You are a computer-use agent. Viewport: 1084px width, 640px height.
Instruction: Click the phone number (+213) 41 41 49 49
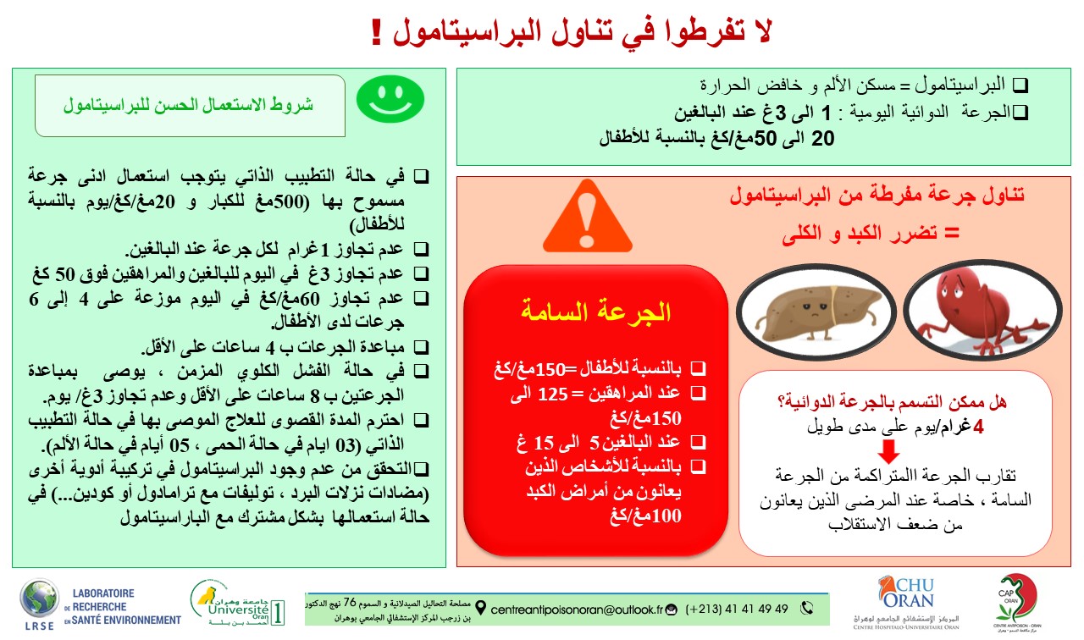(738, 609)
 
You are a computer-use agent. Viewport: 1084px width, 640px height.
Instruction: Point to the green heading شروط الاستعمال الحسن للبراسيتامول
(188, 106)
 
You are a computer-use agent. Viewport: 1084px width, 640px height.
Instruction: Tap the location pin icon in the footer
(482, 609)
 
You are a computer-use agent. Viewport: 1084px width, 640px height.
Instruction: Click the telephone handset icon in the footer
(807, 608)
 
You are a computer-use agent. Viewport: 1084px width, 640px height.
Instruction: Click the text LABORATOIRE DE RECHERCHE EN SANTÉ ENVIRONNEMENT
(127, 607)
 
